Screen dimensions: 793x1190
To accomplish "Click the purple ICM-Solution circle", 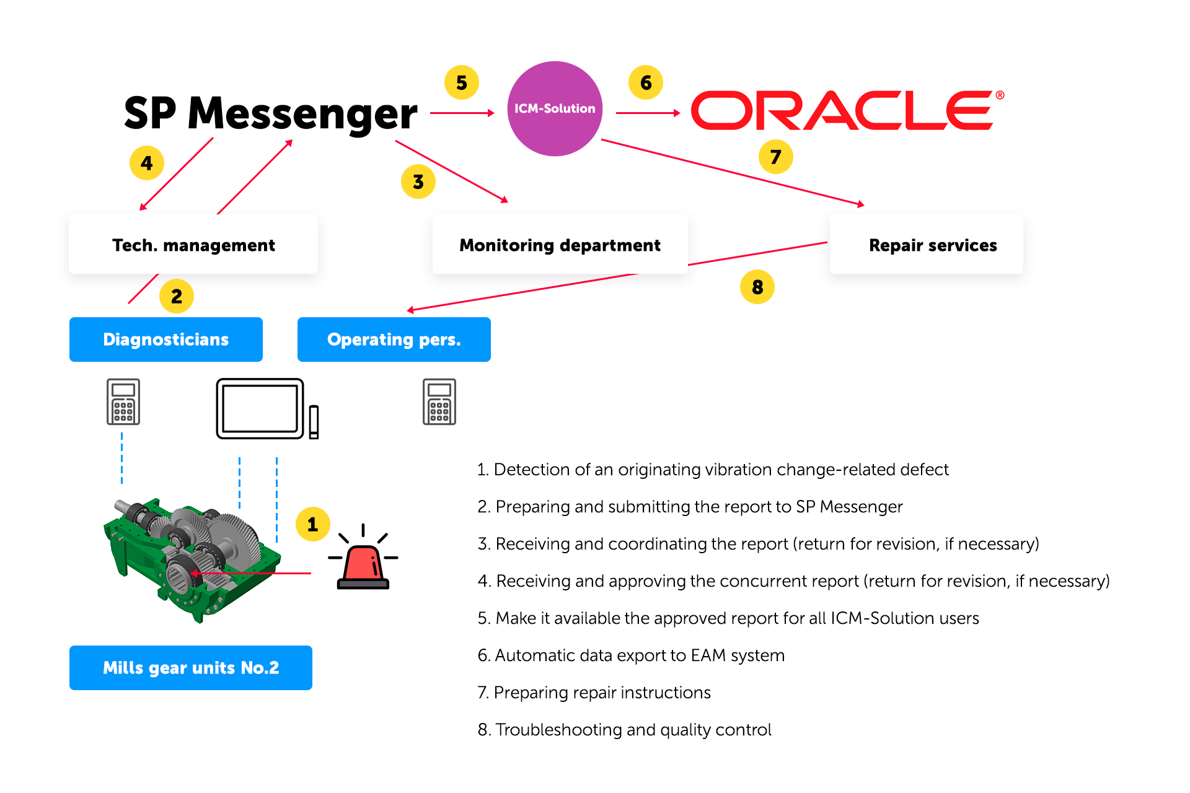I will click(555, 108).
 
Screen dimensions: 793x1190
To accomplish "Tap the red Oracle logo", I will click(847, 111).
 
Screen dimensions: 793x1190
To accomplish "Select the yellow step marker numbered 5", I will click(462, 82).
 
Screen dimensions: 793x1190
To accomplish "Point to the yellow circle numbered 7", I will click(775, 157).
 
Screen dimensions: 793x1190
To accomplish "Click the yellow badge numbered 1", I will click(312, 524).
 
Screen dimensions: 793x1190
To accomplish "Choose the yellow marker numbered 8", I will click(757, 287).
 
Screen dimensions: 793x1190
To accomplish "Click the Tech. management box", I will click(193, 245).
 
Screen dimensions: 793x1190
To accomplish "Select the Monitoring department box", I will click(560, 245).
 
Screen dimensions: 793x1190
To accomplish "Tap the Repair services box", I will click(927, 245).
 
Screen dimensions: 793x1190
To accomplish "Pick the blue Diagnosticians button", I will click(166, 340).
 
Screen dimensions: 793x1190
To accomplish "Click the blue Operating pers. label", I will click(394, 340).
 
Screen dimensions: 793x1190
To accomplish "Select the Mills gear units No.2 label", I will click(191, 668).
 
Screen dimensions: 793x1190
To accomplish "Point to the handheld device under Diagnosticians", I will click(123, 402).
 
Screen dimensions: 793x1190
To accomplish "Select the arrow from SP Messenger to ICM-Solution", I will click(462, 113).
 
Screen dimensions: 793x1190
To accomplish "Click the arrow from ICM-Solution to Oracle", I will click(648, 113).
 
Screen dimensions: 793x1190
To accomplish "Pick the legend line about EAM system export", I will click(631, 655).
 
